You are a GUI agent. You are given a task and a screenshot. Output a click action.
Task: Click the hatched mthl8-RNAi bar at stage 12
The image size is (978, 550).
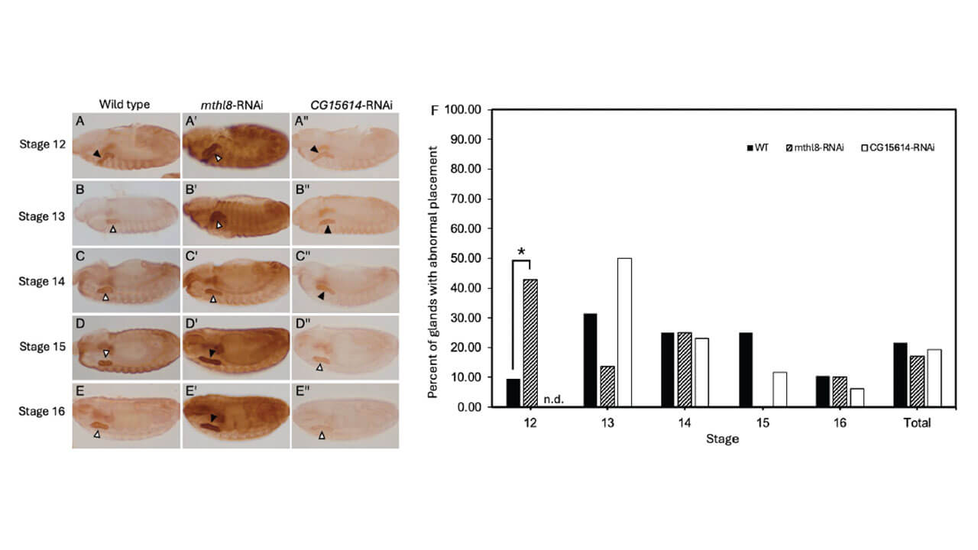(530, 343)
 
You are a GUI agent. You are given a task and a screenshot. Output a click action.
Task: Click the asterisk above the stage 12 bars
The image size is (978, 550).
(521, 251)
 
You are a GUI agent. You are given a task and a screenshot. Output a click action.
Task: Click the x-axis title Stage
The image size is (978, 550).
(722, 439)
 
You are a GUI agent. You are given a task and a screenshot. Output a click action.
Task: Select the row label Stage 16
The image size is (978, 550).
(41, 411)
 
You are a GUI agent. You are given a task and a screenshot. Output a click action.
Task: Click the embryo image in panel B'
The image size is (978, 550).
(232, 212)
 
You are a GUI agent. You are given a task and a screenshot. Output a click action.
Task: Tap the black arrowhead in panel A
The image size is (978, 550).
(97, 154)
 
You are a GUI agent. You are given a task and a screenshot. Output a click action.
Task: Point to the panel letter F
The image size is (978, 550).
(436, 111)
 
